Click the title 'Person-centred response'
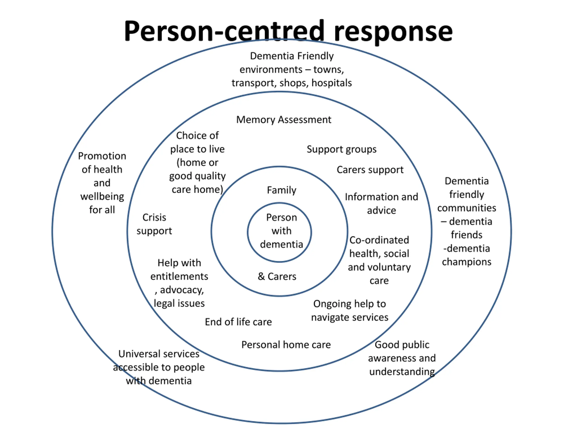[288, 31]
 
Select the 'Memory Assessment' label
[284, 120]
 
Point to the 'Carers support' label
[370, 170]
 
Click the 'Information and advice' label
[381, 204]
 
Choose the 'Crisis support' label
[154, 224]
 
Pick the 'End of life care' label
[238, 322]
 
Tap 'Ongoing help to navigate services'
[350, 311]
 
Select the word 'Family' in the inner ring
[282, 190]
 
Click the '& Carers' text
[277, 276]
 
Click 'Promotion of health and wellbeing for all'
[102, 183]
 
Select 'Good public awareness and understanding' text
[402, 358]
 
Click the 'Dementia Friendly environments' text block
[292, 69]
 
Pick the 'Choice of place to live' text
[197, 162]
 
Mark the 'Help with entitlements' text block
[179, 283]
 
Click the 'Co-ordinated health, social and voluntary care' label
[379, 260]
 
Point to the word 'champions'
[467, 262]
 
